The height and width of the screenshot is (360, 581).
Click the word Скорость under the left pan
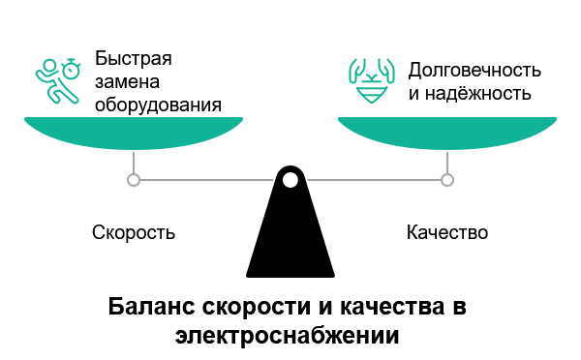click(134, 233)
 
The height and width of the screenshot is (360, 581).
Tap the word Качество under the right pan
click(446, 233)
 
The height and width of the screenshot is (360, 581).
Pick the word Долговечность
click(474, 71)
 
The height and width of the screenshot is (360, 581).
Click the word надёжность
click(479, 94)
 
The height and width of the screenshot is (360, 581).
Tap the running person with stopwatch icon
click(57, 81)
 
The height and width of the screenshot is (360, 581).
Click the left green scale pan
click(134, 131)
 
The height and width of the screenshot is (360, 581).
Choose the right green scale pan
click(446, 131)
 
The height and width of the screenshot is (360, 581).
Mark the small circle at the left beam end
click(134, 179)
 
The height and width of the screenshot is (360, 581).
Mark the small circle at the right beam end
click(446, 179)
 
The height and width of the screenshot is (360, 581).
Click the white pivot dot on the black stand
click(290, 179)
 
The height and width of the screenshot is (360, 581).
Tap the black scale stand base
click(290, 242)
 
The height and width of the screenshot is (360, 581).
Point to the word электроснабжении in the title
click(289, 336)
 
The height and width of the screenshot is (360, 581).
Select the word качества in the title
click(382, 308)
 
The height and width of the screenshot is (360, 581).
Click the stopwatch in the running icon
click(72, 70)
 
